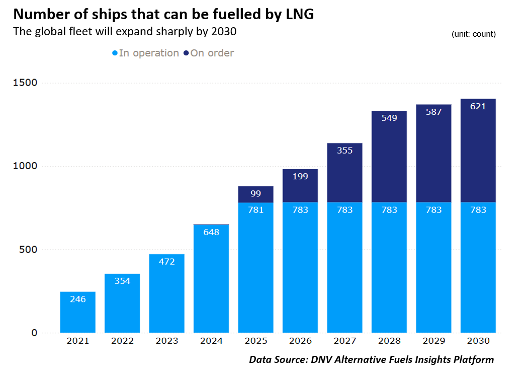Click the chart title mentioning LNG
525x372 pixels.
click(x=163, y=14)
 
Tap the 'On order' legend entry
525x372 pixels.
click(x=209, y=53)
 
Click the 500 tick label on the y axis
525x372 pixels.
click(x=28, y=249)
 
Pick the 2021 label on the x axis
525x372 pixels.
click(x=77, y=341)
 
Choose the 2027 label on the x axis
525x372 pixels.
click(x=344, y=341)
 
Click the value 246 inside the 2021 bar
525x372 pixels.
click(x=77, y=299)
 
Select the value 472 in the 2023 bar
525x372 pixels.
click(x=166, y=262)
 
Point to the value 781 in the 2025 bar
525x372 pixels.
click(x=255, y=210)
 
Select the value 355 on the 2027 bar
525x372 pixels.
click(x=344, y=151)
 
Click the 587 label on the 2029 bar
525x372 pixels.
click(x=433, y=112)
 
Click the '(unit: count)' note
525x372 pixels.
click(x=473, y=34)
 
